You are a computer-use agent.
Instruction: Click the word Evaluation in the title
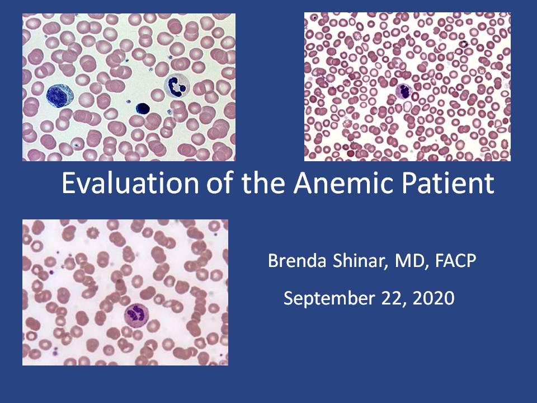click(x=130, y=182)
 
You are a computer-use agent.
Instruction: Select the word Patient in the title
click(x=448, y=182)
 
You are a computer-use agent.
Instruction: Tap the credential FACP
click(x=455, y=260)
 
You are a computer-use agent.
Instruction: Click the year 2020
click(x=434, y=298)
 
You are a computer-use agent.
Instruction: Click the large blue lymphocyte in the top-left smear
click(x=60, y=96)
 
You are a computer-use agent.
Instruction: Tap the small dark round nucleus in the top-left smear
click(x=143, y=108)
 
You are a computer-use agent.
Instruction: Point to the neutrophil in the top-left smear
click(x=177, y=86)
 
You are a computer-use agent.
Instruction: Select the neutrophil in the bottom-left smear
click(x=136, y=315)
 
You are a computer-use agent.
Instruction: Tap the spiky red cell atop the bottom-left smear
click(x=93, y=233)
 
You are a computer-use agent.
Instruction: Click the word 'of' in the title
click(x=220, y=182)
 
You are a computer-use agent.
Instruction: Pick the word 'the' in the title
click(x=263, y=182)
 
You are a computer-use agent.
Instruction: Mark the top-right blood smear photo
click(x=407, y=87)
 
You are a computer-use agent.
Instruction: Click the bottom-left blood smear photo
click(x=125, y=292)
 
